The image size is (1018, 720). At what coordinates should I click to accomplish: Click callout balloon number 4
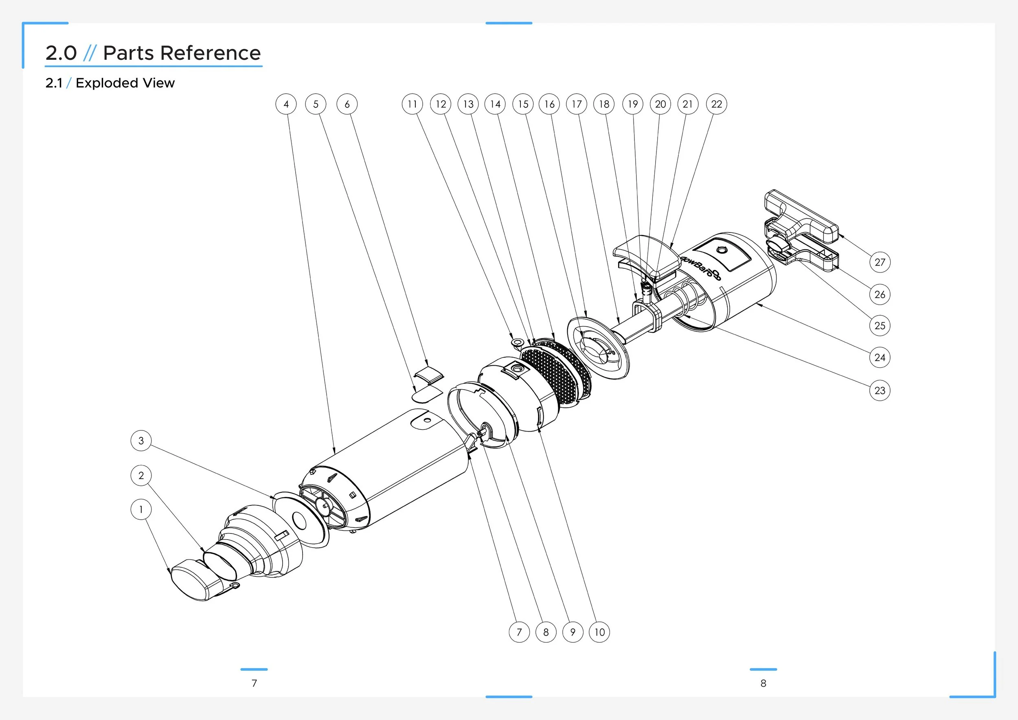pos(286,104)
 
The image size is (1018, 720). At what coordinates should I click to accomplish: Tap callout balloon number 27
pos(880,262)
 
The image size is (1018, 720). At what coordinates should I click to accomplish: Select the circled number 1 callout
pos(141,509)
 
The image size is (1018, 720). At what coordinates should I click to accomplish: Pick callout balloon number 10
pos(599,632)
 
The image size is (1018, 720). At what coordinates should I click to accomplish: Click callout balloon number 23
pos(880,391)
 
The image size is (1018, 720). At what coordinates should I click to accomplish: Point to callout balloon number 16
pos(549,104)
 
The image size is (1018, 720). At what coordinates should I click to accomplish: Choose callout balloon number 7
pos(519,632)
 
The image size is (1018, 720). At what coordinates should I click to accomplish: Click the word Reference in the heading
pos(210,53)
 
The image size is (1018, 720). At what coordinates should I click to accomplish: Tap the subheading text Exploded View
pos(125,83)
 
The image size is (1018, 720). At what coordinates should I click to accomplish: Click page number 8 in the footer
pos(763,683)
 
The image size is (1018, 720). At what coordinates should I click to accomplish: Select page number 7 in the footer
pos(254,683)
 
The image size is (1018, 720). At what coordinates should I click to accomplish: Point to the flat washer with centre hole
pos(301,520)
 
